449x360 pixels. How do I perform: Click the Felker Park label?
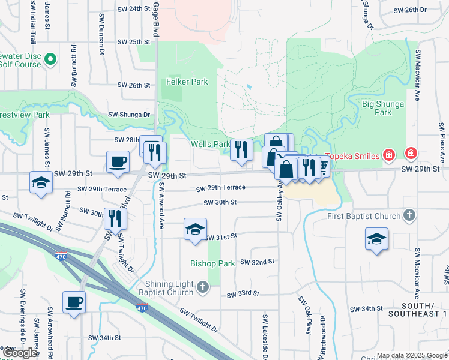[187, 82]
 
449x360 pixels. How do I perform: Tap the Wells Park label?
[210, 145]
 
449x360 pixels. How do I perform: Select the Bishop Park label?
[212, 263]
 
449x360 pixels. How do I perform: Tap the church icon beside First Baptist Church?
[409, 215]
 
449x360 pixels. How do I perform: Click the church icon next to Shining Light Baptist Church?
[203, 289]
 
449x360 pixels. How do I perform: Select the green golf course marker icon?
[50, 59]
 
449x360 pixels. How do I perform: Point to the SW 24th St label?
[133, 9]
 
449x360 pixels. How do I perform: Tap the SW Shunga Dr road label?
[128, 115]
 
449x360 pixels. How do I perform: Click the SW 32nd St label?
[257, 262]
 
